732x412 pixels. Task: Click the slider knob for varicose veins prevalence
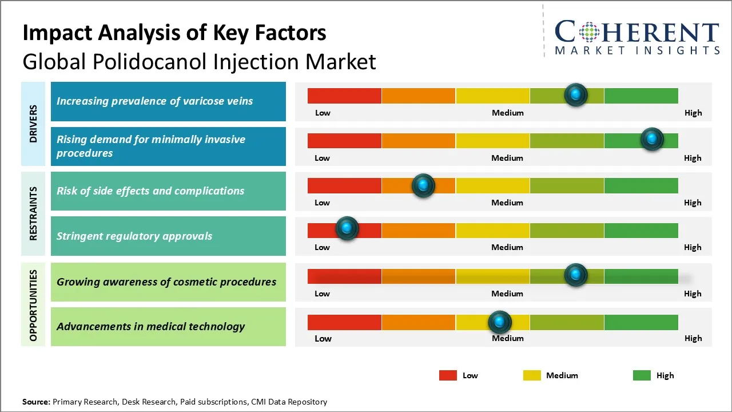click(576, 94)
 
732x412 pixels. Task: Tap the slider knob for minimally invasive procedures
click(651, 139)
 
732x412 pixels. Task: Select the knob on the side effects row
click(423, 185)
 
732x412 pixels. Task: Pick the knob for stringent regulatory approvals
click(347, 228)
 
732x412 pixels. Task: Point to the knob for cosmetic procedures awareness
click(576, 275)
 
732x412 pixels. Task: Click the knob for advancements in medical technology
click(500, 322)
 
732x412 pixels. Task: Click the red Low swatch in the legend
click(448, 375)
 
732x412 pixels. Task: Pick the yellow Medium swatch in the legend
click(532, 375)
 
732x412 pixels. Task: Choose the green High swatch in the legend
click(642, 375)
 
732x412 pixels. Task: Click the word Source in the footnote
click(35, 402)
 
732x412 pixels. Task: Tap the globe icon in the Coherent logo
click(588, 31)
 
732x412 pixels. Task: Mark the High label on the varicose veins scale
click(693, 113)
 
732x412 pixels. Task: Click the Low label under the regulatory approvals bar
click(322, 247)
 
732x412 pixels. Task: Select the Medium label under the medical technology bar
click(507, 338)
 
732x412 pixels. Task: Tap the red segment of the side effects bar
click(344, 185)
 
